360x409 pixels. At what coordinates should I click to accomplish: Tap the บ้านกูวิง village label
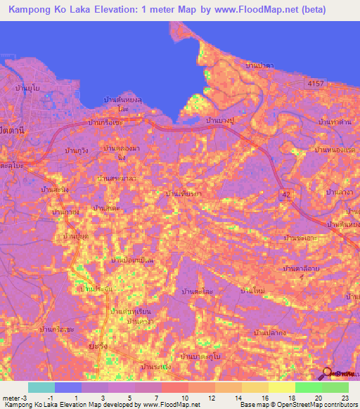point(76,150)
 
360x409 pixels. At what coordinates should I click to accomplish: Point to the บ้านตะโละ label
point(197,290)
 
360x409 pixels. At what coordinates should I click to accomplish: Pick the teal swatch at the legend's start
point(41,387)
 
